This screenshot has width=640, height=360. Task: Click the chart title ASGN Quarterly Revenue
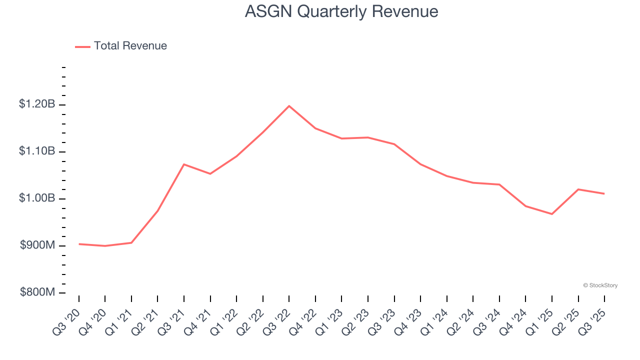[x=341, y=11]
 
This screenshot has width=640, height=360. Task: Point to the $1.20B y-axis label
[x=37, y=104]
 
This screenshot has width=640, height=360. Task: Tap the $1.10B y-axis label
[x=37, y=151]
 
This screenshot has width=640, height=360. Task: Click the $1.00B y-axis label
[x=37, y=198]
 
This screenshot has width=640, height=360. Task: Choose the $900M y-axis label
[x=37, y=245]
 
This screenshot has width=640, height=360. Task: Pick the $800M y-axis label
[x=37, y=292]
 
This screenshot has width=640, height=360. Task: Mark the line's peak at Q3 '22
[x=289, y=106]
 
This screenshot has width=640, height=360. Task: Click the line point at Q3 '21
[x=184, y=164]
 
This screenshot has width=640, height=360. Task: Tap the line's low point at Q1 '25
[x=552, y=214]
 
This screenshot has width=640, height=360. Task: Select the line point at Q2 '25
[x=578, y=189]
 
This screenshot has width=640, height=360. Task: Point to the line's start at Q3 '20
[x=79, y=244]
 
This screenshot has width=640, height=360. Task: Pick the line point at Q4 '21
[x=210, y=173]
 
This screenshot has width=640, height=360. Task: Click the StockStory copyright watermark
[x=600, y=285]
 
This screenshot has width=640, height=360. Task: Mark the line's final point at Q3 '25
[x=604, y=193]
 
